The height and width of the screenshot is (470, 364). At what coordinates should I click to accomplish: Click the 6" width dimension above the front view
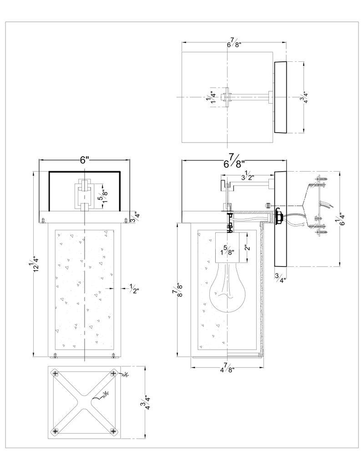tap(84, 160)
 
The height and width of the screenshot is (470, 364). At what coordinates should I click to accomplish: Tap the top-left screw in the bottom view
tap(56, 373)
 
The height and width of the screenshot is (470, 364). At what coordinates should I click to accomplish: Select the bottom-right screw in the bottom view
tap(113, 430)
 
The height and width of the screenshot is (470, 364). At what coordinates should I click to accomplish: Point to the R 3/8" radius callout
tap(105, 395)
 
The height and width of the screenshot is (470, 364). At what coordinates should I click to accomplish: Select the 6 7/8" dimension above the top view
tap(234, 44)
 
